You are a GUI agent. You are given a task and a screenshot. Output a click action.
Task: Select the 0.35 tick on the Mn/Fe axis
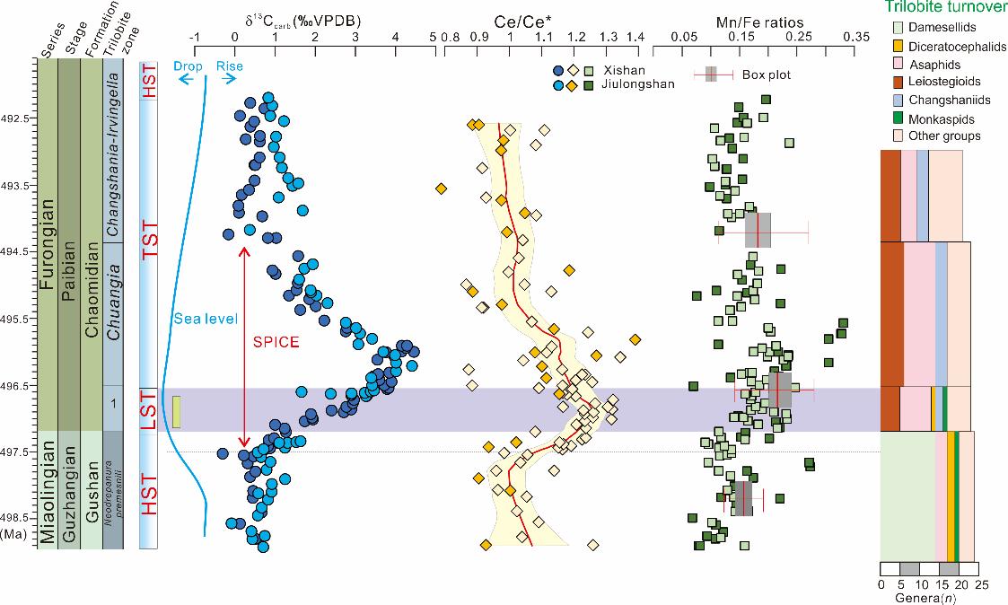(x=857, y=37)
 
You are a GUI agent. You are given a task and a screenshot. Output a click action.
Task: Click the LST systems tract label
(x=148, y=409)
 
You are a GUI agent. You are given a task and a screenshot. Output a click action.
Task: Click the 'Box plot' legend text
(x=767, y=75)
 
